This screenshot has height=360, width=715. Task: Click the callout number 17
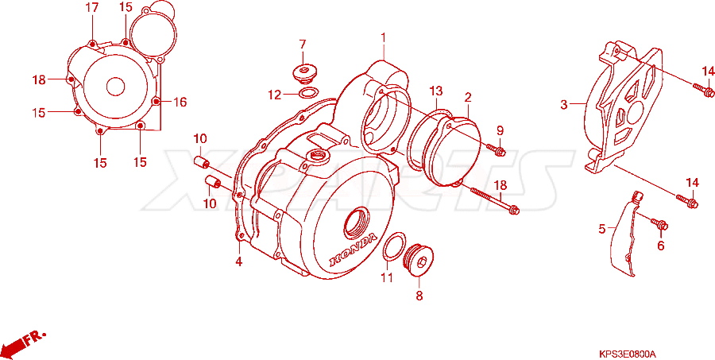[92, 8]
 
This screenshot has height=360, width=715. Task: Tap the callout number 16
[180, 103]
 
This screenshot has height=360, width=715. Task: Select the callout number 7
[303, 45]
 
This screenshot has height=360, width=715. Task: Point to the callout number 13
[436, 91]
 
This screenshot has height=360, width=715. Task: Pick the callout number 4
[238, 262]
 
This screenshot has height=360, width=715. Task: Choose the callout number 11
[387, 277]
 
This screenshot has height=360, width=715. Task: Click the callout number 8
[419, 296]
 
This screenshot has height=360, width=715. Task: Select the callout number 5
[602, 229]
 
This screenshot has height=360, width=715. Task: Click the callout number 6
[661, 246]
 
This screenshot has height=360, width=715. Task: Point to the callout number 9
[500, 130]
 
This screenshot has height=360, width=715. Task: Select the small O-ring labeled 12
[308, 93]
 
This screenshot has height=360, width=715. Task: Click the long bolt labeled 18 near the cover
[494, 199]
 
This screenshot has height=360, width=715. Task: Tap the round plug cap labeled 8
[419, 261]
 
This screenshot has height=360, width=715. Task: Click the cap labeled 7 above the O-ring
[303, 75]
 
